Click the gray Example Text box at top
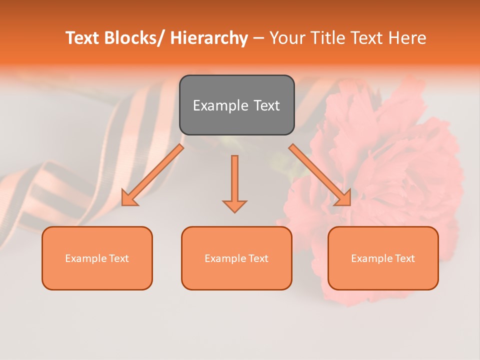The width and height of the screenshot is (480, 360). point(236,105)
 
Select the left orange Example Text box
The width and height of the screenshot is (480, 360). point(97,258)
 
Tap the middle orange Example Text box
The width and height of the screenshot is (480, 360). point(236,258)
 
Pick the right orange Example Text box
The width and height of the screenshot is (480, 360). point(383,258)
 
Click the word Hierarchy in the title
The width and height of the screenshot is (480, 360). point(209,38)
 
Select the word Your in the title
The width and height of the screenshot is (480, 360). point(286,38)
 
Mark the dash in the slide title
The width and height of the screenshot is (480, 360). point(258,38)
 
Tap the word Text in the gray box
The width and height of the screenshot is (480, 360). point(265,105)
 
